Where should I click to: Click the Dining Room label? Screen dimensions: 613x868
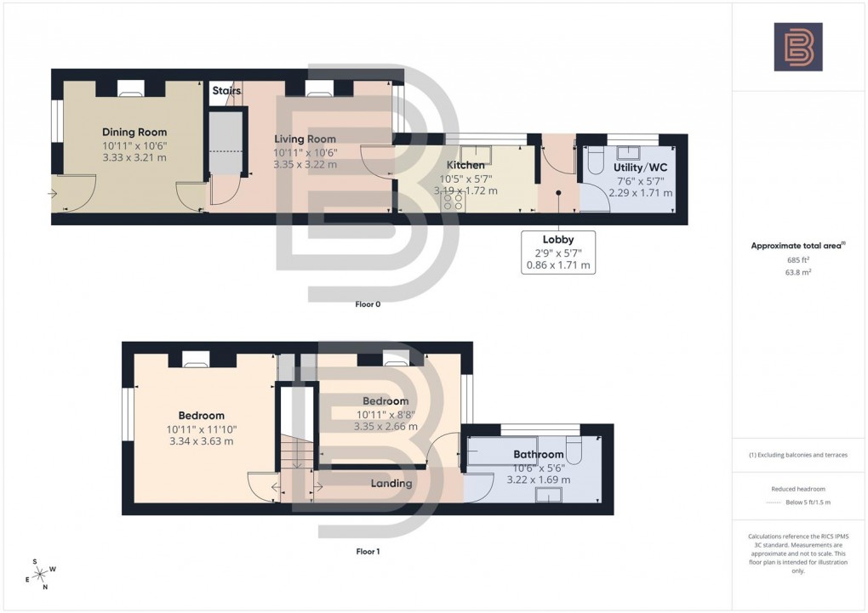click(134, 132)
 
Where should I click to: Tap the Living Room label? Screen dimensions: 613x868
click(305, 139)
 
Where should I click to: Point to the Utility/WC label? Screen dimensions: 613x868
click(641, 167)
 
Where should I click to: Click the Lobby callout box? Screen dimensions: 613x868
click(558, 253)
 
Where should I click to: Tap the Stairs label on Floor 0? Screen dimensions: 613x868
click(226, 90)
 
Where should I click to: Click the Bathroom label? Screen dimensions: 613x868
click(538, 455)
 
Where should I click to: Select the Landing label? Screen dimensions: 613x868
click(391, 484)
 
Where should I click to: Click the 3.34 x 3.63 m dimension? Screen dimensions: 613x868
click(202, 440)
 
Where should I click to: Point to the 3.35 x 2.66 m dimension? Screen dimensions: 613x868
click(385, 427)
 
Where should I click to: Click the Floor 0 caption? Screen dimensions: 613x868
click(368, 304)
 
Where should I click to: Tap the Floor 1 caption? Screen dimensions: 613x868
click(368, 551)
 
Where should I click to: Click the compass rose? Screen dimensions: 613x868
click(39, 575)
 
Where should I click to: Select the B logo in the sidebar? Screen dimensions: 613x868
click(797, 47)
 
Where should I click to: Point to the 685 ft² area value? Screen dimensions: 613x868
click(797, 259)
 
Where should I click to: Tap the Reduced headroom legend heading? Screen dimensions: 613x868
click(797, 489)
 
